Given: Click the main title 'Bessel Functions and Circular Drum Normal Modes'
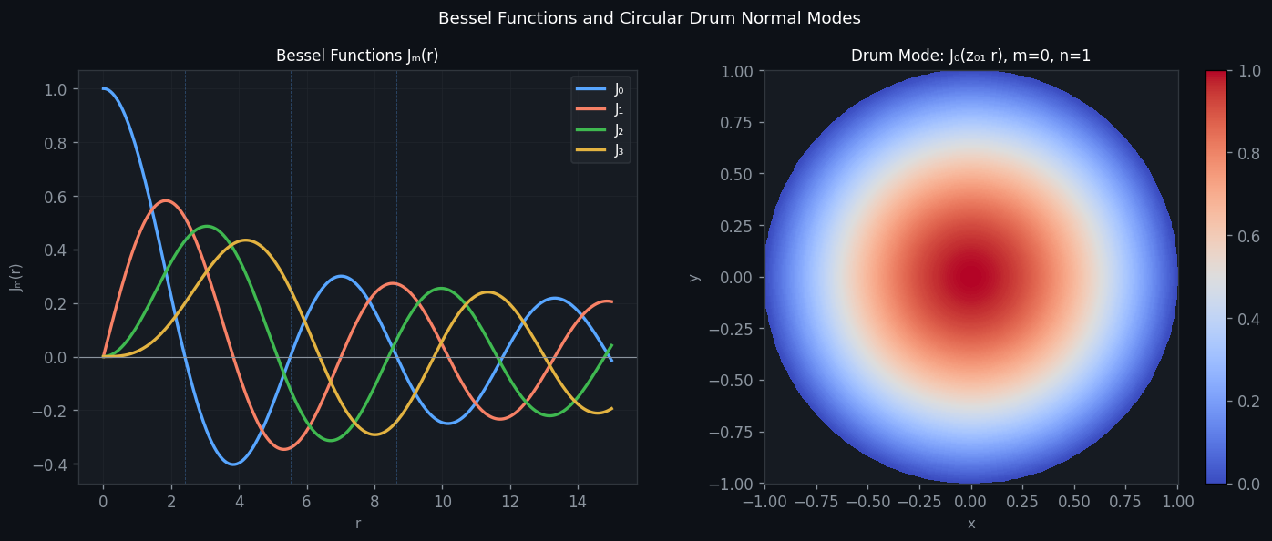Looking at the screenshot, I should point(649,18).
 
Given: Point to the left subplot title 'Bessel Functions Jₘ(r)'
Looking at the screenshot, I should point(357,56).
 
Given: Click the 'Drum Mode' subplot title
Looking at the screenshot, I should point(970,56).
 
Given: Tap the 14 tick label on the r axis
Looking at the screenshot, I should point(578,501).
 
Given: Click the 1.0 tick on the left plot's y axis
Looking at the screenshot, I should point(56,89).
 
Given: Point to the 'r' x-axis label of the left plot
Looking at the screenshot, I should point(357,524).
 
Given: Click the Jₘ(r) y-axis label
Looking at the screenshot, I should point(16,277).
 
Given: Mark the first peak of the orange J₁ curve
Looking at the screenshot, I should point(165,200).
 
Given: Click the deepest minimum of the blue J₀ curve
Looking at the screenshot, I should point(233,464).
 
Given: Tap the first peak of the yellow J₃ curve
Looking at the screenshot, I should point(245,240).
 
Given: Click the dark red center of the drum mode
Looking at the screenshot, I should point(970,277).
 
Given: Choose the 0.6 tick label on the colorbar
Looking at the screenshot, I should point(1243,236).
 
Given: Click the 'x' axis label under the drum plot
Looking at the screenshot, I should point(970,524).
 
